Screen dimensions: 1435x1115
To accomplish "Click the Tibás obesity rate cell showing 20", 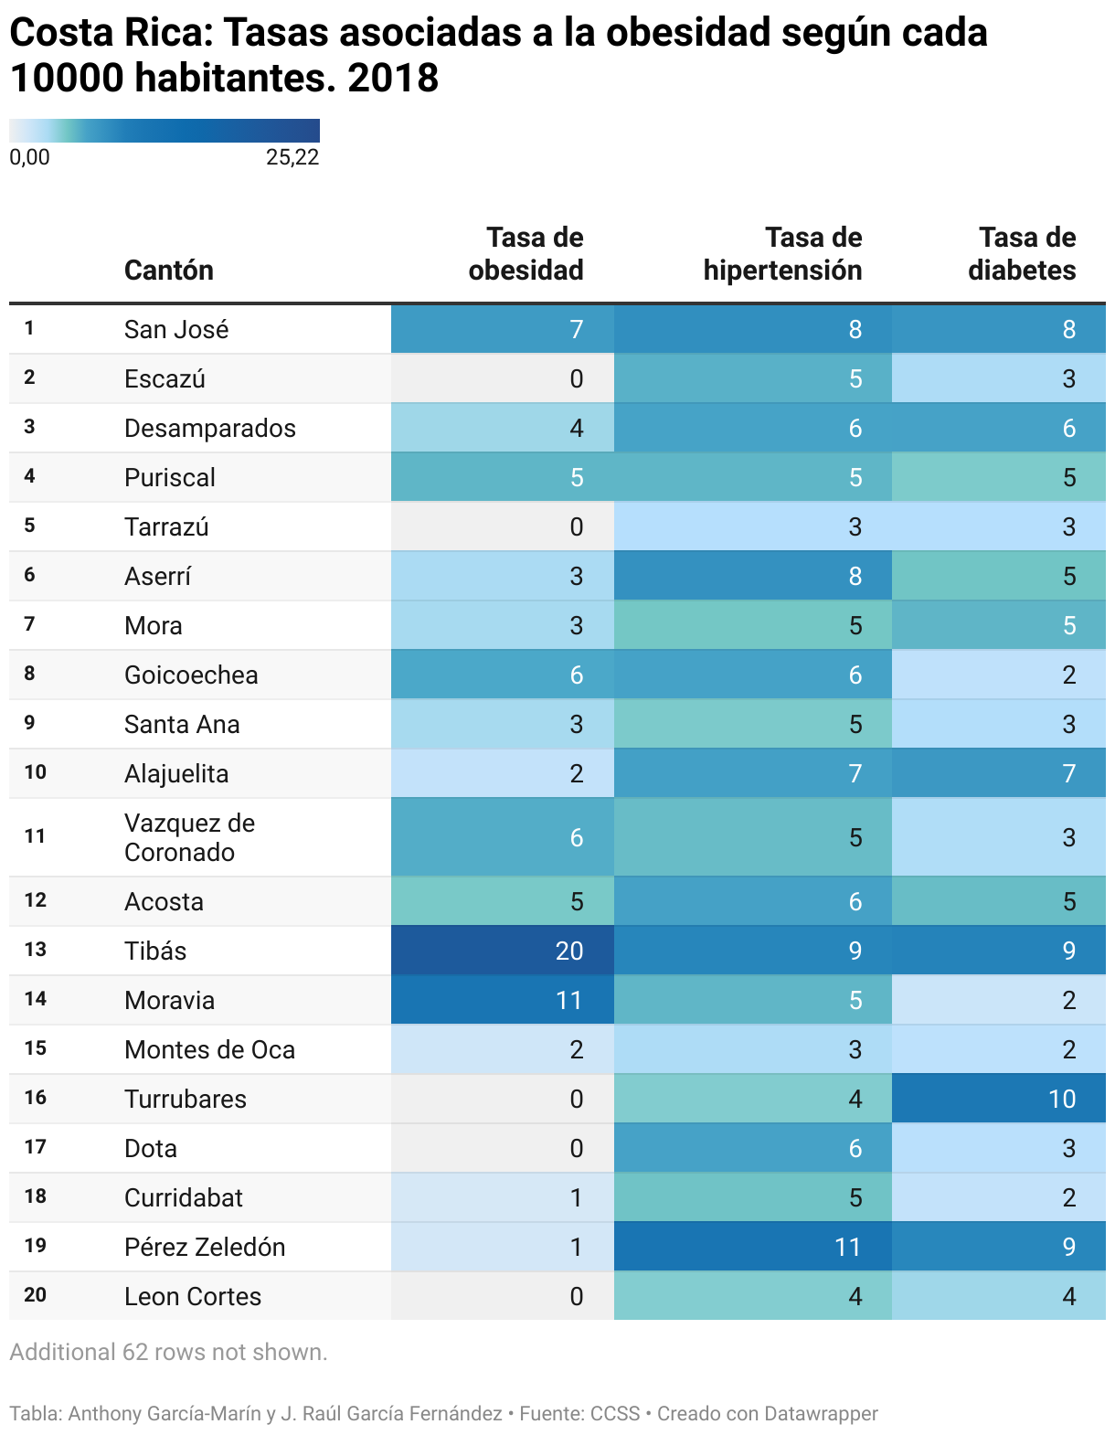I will coord(568,951).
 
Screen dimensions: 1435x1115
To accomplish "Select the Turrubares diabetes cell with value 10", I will coord(1061,1099).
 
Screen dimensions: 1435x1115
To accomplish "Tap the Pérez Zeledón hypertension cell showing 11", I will coord(846,1247).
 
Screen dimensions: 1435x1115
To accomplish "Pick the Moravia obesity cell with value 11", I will coord(568,1000).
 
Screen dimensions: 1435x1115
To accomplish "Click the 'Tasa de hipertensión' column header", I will coord(782,254).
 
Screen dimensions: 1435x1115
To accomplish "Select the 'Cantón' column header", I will coord(169,271).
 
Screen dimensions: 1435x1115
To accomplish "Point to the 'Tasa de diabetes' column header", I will coord(1022,254).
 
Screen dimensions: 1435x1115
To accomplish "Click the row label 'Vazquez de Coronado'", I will coord(189,837).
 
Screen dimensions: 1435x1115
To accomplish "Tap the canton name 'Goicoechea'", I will coord(191,675).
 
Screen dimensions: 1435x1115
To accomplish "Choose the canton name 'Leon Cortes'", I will coord(193,1296).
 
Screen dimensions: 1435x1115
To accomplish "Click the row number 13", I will coord(35,951).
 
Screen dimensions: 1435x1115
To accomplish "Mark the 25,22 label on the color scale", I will coord(292,157).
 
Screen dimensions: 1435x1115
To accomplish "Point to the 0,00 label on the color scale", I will coord(29,157).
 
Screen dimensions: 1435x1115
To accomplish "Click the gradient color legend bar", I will coord(165,130).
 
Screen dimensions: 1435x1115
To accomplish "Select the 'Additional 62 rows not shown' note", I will coord(168,1352).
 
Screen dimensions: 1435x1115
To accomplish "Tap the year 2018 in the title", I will coord(393,79).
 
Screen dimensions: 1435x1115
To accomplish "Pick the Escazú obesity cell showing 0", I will coord(576,378).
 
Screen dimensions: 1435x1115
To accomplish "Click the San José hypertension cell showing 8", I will coord(855,329).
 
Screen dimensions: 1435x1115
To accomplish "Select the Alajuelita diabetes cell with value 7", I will coord(1068,773).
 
